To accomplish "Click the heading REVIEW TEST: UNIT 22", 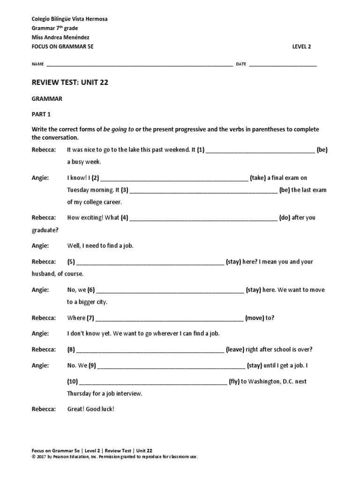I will tap(70, 82).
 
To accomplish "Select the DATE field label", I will tap(241, 64).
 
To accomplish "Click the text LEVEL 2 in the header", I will tap(301, 46).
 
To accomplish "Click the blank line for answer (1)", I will tap(260, 150).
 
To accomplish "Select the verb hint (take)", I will tap(258, 178).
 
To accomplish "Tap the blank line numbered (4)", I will tap(203, 218).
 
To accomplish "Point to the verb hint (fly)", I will tap(234, 382).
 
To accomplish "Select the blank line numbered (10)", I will tap(152, 382).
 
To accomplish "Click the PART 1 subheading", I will tap(41, 114).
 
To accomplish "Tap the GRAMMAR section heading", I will tap(47, 99).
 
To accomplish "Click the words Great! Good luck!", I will tap(90, 409).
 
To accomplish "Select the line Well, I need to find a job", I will tap(100, 246).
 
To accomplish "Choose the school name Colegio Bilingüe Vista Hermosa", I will tap(69, 19).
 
